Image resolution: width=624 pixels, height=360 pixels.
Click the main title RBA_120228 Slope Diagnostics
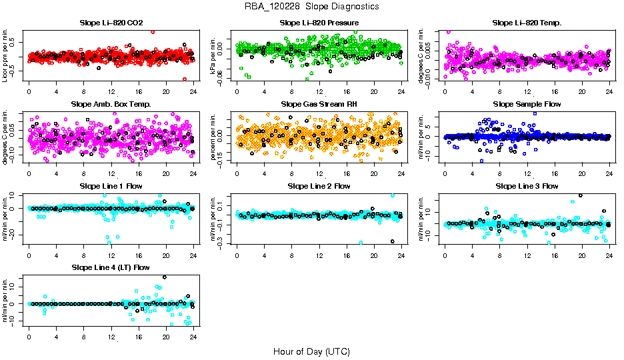311,6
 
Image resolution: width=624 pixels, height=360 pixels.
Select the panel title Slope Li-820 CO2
111,23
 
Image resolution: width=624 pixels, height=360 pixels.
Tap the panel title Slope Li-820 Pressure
319,23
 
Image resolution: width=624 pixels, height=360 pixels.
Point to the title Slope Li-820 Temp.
527,23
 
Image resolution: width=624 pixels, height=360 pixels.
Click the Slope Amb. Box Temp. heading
111,104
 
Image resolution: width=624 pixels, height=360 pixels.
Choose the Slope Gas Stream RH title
319,104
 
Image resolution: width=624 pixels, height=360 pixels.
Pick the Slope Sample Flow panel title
527,104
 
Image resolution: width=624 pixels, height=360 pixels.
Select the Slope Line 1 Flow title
111,186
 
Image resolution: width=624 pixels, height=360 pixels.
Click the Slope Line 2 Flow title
319,186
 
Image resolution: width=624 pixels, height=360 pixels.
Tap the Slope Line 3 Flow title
527,186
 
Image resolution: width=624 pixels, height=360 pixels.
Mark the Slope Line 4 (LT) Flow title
111,267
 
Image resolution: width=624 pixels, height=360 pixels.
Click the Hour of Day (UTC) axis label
311,351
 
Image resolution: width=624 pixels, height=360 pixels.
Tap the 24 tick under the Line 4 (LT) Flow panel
193,337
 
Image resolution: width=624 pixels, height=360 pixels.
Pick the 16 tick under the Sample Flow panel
555,173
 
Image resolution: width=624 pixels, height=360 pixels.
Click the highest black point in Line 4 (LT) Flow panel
165,277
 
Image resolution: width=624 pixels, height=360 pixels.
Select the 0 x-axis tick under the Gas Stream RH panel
237,173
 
